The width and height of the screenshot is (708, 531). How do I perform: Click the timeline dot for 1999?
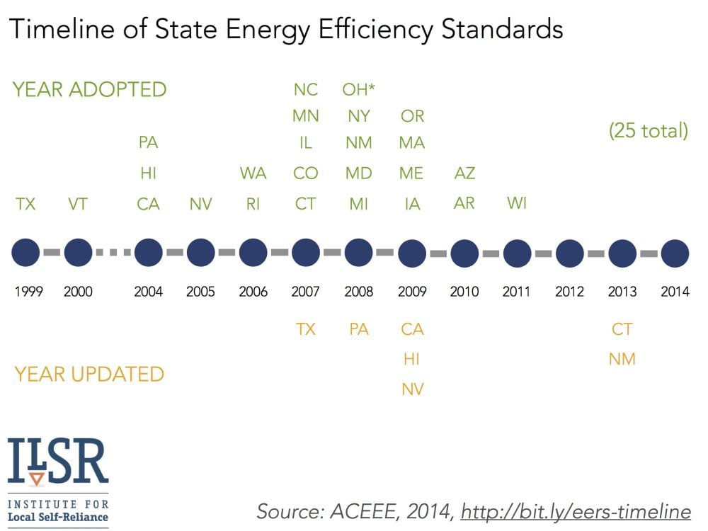[x=26, y=253]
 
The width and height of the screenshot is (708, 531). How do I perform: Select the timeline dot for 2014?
[x=675, y=253]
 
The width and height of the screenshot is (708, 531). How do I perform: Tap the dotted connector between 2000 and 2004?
[x=113, y=253]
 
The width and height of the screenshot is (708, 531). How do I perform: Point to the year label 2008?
[x=359, y=292]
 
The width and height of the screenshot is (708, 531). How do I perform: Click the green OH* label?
[x=359, y=90]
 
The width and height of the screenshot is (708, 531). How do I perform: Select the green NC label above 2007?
[x=306, y=90]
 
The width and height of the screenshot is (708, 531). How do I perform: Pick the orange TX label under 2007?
[x=306, y=329]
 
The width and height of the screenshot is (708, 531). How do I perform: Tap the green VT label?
[x=78, y=205]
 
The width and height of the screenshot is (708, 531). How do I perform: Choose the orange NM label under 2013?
[x=622, y=360]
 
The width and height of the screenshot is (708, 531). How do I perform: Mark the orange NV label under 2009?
[x=412, y=389]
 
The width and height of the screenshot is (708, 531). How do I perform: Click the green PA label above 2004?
[x=148, y=143]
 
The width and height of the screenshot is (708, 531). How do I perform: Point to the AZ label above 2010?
[x=464, y=173]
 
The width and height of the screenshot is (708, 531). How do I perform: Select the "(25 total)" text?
[x=649, y=131]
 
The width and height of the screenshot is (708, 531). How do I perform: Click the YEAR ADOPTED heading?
[x=90, y=90]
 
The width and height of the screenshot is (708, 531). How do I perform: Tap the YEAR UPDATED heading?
[x=89, y=374]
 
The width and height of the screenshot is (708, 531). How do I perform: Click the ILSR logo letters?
[x=58, y=461]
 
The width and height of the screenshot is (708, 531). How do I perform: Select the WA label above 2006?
[x=253, y=173]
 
